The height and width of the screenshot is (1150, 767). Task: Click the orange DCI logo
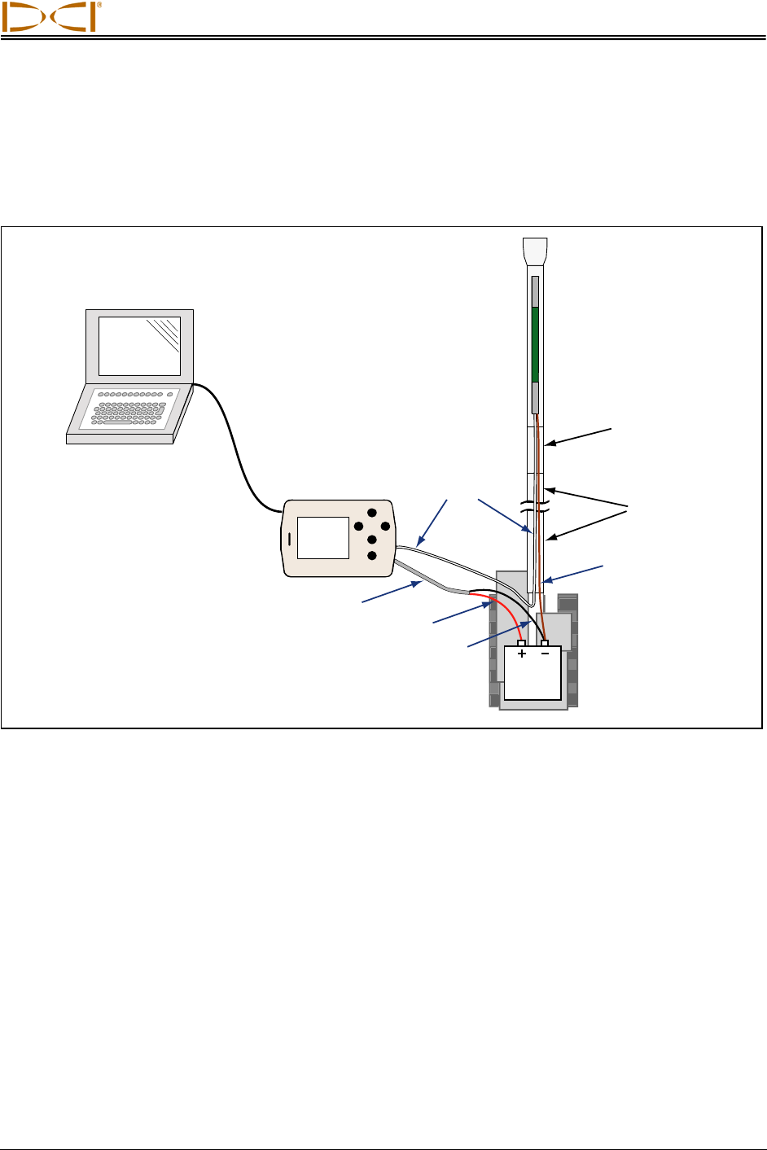49,17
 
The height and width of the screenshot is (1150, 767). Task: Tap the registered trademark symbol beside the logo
99,5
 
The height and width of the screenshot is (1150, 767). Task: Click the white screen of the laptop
139,346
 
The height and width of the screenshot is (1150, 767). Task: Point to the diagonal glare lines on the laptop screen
164,335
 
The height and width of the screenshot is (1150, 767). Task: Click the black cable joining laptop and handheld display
237,448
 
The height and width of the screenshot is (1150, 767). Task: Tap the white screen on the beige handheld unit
323,537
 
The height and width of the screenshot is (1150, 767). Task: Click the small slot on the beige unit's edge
289,539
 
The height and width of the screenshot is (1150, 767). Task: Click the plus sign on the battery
522,654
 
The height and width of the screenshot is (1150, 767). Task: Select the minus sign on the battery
545,653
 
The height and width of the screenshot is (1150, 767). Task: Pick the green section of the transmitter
535,345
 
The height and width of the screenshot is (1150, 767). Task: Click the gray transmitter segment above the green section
535,292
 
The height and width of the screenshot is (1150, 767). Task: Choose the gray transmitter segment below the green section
535,398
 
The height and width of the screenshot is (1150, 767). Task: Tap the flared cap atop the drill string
535,251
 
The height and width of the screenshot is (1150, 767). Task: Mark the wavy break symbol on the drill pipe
535,507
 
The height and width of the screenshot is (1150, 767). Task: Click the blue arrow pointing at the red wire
462,613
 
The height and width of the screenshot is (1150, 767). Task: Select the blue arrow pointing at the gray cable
392,592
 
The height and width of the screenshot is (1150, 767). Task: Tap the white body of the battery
533,672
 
